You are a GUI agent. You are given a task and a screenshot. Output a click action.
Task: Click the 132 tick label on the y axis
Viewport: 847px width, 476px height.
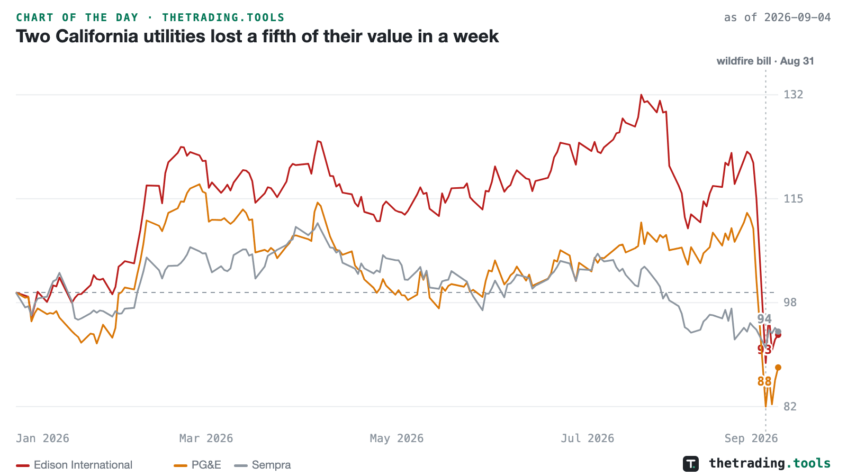[x=794, y=95]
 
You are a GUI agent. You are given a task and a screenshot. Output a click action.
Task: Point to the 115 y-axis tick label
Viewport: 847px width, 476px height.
[x=794, y=199]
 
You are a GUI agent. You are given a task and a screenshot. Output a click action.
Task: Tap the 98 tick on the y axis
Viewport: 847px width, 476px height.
[x=790, y=303]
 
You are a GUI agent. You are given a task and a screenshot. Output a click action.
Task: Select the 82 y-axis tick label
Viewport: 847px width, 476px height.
[x=790, y=407]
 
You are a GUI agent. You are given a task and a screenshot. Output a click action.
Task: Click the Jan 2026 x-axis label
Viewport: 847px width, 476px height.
[x=42, y=438]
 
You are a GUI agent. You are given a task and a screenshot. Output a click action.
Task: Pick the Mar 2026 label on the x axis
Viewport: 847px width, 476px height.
[x=206, y=438]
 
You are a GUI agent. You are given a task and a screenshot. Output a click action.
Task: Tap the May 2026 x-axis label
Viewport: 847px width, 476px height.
[x=397, y=438]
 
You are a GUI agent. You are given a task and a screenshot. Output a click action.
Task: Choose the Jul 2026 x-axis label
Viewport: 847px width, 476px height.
[x=587, y=438]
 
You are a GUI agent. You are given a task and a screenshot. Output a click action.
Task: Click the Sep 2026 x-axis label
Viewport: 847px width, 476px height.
[x=751, y=438]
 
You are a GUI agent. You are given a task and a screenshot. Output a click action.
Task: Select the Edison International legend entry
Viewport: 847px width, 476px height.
[x=74, y=465]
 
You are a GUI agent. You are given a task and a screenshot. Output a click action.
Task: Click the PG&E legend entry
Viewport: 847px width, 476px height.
[x=197, y=465]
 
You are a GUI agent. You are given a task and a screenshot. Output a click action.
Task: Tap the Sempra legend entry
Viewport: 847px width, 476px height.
[x=263, y=465]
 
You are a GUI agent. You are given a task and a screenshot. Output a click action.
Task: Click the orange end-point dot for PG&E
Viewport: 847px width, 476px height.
[x=778, y=368]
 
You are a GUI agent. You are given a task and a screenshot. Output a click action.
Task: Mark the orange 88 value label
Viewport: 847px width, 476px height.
[x=764, y=381]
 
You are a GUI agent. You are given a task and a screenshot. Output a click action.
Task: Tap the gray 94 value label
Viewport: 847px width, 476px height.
[x=764, y=319]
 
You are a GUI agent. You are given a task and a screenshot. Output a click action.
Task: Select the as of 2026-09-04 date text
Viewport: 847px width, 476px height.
[x=777, y=17]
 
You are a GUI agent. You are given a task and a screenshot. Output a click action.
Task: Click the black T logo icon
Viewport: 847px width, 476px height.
[x=691, y=464]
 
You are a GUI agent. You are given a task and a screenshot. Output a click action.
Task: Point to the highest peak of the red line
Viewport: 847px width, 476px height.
[x=641, y=95]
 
